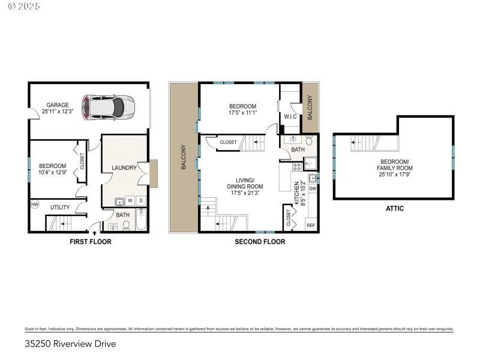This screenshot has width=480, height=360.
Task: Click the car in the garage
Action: point(108,107)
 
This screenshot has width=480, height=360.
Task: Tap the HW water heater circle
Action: point(34,204)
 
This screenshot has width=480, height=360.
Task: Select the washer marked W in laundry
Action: point(130,200)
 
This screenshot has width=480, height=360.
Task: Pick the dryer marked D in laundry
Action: point(141,200)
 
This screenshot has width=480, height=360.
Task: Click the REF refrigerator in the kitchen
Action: point(311,225)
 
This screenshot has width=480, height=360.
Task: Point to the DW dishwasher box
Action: point(312,188)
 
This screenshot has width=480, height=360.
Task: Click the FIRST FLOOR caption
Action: point(89,242)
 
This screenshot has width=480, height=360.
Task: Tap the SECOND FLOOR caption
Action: point(260,242)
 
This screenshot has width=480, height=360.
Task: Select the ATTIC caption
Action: point(394,209)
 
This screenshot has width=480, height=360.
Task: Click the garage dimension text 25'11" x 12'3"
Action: point(58,111)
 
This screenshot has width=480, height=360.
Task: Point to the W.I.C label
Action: point(291,116)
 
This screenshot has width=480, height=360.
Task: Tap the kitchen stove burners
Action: point(296,166)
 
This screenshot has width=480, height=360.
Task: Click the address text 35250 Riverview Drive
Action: point(70,344)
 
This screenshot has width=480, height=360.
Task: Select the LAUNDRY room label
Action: point(124,167)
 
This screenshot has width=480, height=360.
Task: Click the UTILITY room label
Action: point(60,208)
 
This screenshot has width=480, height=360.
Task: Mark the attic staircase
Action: point(366,144)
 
